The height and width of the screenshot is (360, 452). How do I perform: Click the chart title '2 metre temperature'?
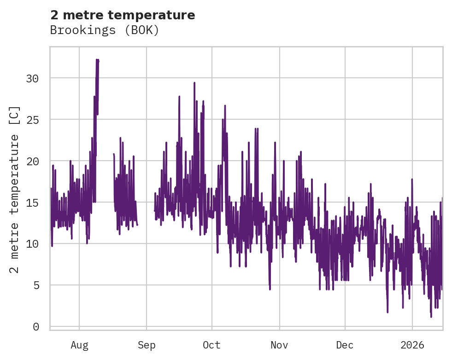[123, 15]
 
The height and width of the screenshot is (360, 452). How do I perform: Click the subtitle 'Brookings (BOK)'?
[104, 30]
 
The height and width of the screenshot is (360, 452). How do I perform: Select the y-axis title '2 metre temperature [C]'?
[15, 189]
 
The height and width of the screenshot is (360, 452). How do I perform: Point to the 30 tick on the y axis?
[32, 79]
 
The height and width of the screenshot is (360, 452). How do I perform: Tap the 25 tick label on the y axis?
[32, 120]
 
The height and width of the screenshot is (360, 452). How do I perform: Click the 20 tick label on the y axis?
[32, 161]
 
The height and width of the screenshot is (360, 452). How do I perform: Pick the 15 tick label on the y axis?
[32, 203]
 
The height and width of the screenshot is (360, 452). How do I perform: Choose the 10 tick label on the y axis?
[32, 244]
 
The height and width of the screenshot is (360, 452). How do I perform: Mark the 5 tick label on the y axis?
[35, 285]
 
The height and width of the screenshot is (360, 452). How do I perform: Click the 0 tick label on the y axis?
[35, 327]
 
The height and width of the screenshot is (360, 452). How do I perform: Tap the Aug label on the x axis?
[79, 345]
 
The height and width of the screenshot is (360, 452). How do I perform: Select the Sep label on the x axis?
[147, 345]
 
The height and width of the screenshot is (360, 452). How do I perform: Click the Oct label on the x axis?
[212, 345]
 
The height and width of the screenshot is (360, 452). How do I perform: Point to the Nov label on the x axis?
[279, 345]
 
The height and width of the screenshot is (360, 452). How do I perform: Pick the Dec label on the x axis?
[345, 345]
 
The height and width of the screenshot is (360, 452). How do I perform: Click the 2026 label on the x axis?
[412, 345]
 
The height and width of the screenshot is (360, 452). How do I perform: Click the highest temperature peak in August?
[97, 59]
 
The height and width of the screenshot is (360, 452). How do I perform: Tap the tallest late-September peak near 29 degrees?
[194, 83]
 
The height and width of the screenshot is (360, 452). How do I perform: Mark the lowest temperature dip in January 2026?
[431, 317]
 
